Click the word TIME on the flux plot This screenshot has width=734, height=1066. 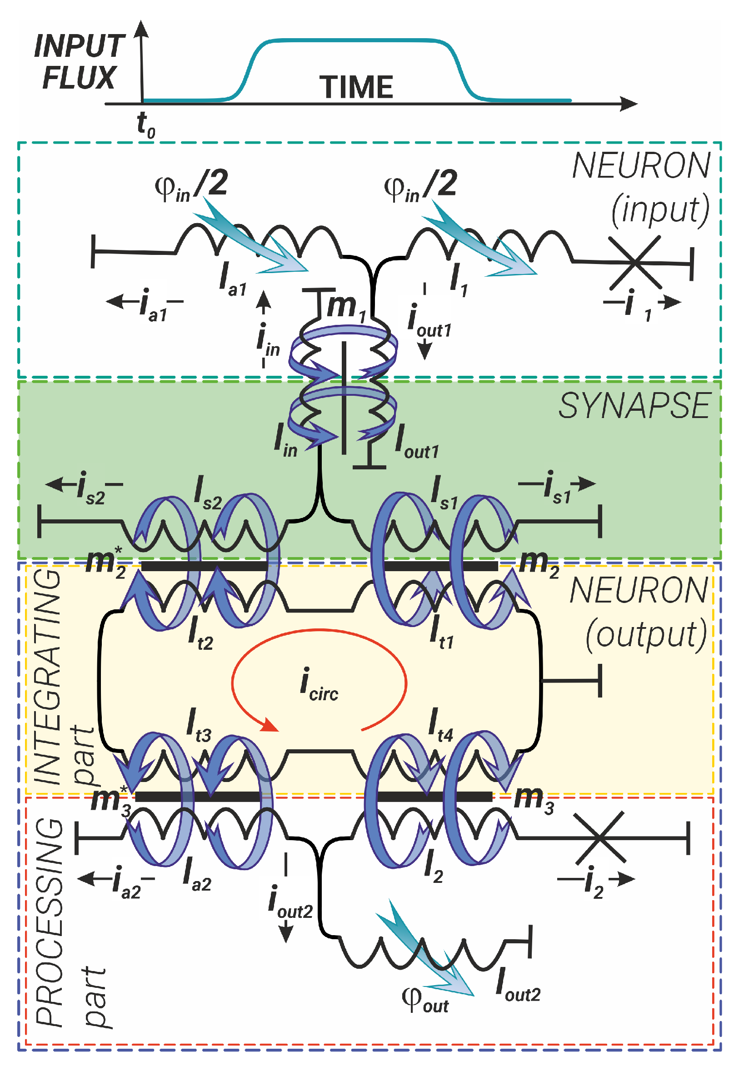pyautogui.click(x=356, y=87)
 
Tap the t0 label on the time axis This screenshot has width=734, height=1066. pyautogui.click(x=146, y=124)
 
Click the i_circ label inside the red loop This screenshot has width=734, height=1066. pyautogui.click(x=318, y=685)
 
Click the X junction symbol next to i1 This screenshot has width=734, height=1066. pyautogui.click(x=634, y=263)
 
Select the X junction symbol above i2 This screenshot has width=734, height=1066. pyautogui.click(x=600, y=837)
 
